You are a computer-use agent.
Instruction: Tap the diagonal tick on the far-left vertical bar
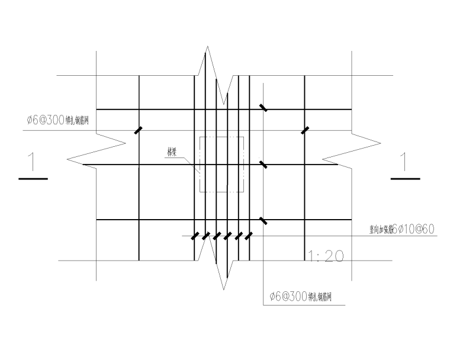click(139, 130)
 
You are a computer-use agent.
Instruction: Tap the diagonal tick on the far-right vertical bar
click(304, 130)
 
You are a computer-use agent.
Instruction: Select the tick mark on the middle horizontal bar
click(263, 164)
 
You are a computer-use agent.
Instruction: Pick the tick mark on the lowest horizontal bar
click(263, 220)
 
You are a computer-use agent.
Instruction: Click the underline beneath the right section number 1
click(405, 178)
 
